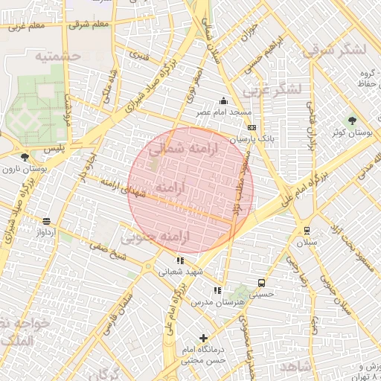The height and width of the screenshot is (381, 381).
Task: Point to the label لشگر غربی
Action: pos(275,89)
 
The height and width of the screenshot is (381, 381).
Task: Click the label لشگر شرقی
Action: pos(335,50)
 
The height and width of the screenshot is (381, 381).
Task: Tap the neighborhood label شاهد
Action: pos(294,367)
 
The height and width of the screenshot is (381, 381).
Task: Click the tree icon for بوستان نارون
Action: pos(25,157)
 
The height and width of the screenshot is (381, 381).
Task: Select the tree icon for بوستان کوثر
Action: pos(352,119)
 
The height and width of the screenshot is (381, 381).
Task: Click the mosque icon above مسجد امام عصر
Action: pos(223,101)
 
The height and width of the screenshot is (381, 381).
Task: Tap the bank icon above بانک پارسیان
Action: pos(252,127)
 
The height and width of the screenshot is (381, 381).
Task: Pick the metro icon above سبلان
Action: pos(307,230)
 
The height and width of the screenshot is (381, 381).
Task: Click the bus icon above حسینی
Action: pos(261,283)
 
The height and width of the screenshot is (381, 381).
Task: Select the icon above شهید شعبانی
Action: pos(180,260)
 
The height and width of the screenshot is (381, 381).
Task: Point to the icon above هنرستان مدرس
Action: pos(217,291)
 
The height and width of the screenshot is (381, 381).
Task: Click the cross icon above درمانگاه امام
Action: pos(203,338)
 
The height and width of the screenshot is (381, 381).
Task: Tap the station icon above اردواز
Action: pos(47,221)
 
